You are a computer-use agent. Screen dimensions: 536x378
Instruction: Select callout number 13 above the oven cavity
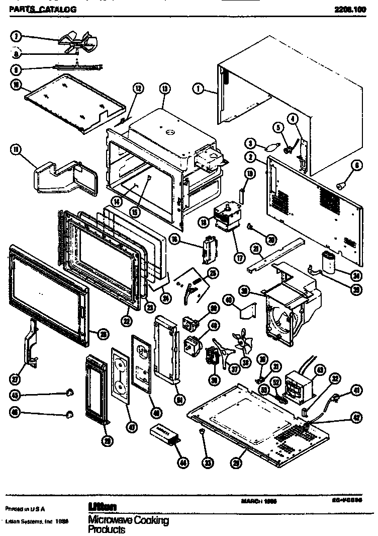(x=164, y=88)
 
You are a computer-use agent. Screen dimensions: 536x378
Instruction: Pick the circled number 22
(x=127, y=320)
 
